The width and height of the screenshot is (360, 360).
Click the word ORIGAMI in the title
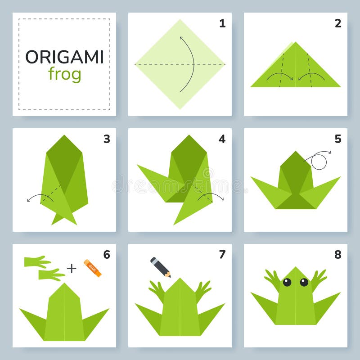[64, 57]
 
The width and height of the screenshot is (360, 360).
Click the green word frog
[64, 73]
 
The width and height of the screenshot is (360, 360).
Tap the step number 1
[222, 23]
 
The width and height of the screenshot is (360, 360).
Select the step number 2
[338, 23]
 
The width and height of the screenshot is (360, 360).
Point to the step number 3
[107, 139]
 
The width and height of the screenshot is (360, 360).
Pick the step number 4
[222, 139]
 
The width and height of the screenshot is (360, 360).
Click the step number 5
[338, 139]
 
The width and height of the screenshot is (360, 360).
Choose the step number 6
[107, 255]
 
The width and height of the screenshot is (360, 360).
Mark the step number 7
[222, 255]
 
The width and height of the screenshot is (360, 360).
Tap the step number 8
[338, 255]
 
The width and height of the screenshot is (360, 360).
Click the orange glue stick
[92, 268]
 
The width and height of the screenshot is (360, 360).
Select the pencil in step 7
[160, 267]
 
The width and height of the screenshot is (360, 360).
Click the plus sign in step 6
[72, 269]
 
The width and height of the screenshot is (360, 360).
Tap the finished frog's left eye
[287, 282]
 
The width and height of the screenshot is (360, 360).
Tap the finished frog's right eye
[304, 282]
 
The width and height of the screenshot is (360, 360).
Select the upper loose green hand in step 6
[37, 261]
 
